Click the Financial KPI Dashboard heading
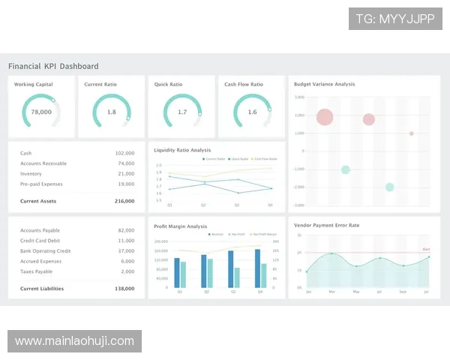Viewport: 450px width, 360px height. tap(53, 66)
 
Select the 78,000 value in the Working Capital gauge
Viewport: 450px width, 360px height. tap(41, 112)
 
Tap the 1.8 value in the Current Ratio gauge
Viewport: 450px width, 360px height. tap(112, 112)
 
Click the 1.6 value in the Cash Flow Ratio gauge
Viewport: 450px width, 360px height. tap(252, 112)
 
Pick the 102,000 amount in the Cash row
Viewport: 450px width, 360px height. tap(124, 153)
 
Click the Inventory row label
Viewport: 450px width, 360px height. tap(31, 173)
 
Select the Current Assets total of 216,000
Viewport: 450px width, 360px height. tap(124, 201)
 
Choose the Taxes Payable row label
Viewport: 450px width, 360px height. tap(36, 271)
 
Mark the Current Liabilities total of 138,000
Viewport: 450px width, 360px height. tap(124, 288)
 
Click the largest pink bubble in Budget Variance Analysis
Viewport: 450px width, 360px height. tap(325, 117)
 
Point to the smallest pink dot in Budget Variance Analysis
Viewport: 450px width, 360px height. tap(411, 133)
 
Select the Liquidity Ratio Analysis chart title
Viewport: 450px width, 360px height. tap(182, 150)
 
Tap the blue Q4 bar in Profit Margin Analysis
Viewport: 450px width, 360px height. tap(258, 268)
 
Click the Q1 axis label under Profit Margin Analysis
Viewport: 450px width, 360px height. tap(180, 292)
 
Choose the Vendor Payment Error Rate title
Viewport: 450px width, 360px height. tap(326, 225)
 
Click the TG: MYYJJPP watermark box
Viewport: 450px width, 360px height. tap(395, 19)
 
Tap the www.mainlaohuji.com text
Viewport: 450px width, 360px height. tap(74, 341)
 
